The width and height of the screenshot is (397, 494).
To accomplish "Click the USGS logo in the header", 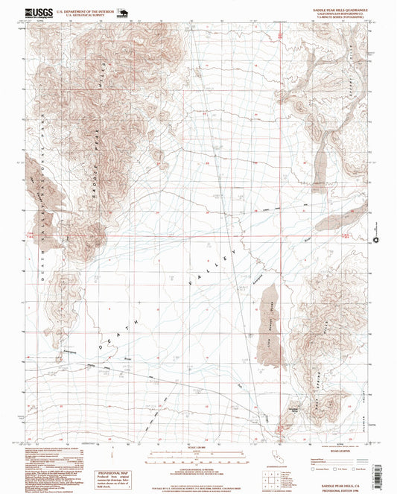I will coord(36,12).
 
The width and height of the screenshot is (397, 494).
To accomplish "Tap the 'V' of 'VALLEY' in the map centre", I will coord(192,284).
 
